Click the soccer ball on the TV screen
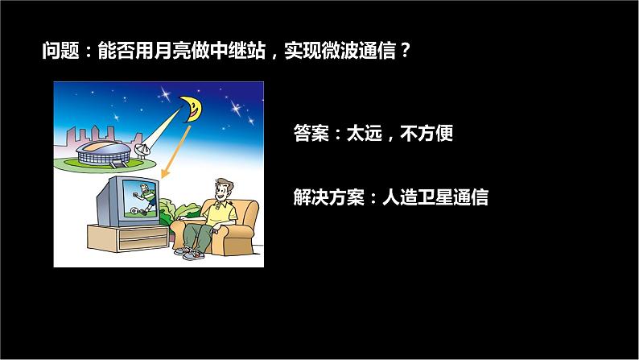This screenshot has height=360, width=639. (134, 214)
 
